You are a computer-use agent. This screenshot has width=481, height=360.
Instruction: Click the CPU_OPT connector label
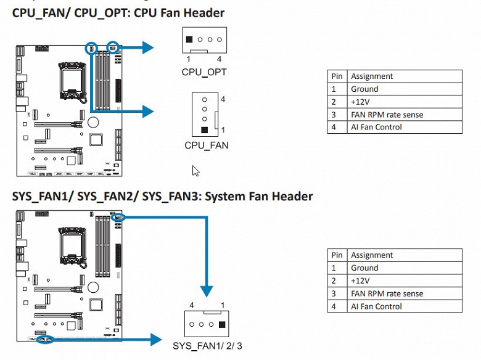[x=203, y=72]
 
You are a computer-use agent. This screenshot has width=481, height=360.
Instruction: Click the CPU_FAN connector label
[x=206, y=145]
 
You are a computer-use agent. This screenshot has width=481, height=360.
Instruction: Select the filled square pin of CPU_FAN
[x=204, y=130]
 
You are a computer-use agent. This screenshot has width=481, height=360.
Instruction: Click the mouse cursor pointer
[x=195, y=170]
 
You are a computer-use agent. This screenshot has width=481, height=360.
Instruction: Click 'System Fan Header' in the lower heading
[x=258, y=197]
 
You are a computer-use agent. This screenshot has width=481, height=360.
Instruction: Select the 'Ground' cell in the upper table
[x=364, y=89]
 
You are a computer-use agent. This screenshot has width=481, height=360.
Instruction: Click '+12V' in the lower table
[x=360, y=281]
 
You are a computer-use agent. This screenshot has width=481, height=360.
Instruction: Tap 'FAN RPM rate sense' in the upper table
[x=387, y=115]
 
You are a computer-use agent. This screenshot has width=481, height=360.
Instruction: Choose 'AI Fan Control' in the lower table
[x=376, y=306]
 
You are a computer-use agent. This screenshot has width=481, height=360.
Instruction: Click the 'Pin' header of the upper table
[x=337, y=76]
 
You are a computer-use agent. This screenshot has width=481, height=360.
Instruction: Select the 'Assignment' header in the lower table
[x=372, y=255]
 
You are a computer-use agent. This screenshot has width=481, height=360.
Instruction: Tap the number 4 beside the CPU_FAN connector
[x=223, y=99]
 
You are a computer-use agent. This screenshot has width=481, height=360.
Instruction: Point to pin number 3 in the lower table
[x=334, y=293]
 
